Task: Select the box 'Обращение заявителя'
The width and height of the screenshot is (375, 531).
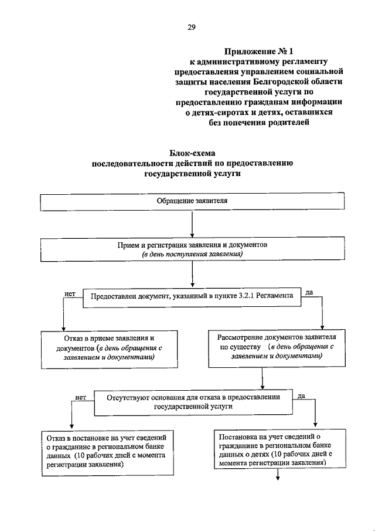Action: [x=192, y=201]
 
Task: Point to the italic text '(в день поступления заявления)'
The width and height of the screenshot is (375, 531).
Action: [x=192, y=255]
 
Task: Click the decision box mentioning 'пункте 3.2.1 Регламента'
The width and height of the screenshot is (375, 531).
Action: [x=192, y=297]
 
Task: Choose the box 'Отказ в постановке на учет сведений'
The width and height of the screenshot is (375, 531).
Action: [x=108, y=452]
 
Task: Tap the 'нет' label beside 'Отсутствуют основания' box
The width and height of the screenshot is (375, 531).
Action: [x=81, y=397]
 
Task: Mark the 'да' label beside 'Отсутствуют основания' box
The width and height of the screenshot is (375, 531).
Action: [x=301, y=397]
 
